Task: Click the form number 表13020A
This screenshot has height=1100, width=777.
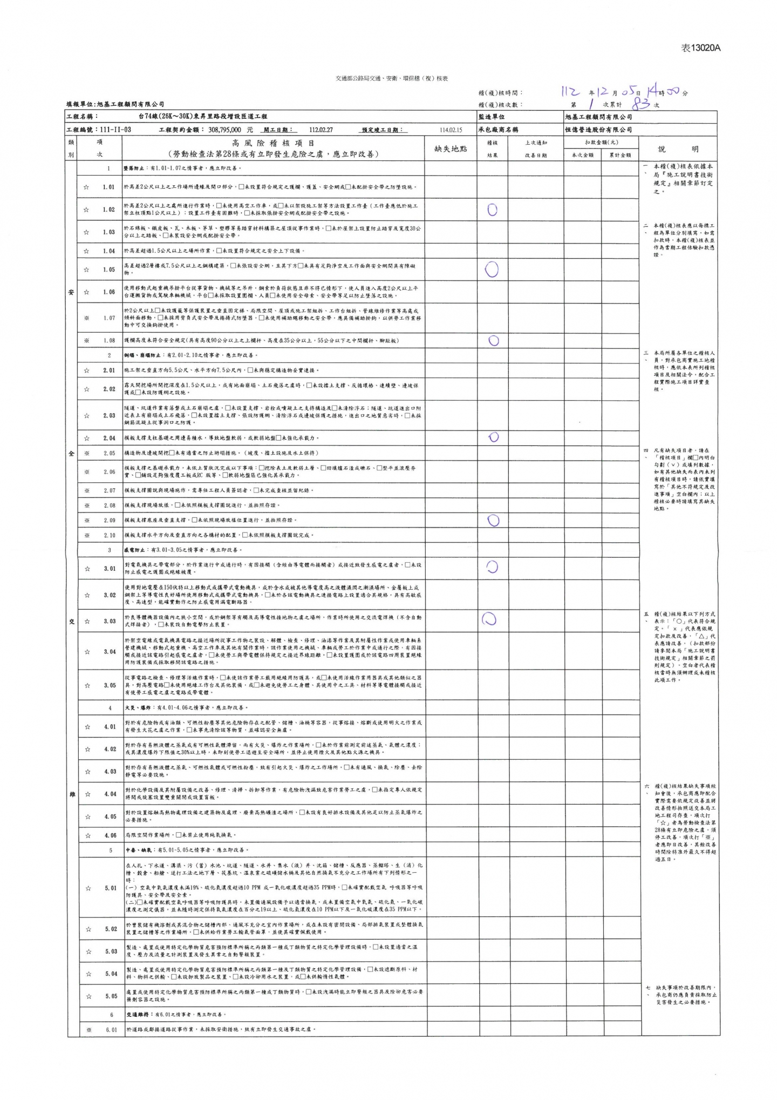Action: point(701,48)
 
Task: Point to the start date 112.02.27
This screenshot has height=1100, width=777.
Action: point(321,130)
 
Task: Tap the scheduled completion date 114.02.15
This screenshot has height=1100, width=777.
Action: point(451,130)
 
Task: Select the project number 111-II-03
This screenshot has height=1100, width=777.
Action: point(113,130)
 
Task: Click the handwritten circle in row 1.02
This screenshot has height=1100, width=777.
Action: point(492,210)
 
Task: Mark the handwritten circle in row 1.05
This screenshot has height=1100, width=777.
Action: point(492,269)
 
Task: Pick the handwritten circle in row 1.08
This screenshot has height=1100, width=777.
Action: point(493,340)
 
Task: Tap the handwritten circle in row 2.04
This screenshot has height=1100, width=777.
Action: point(493,437)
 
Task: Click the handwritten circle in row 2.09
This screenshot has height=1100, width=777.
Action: point(493,520)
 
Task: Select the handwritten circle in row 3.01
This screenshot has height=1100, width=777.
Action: point(492,566)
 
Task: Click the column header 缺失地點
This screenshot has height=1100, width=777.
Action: point(451,149)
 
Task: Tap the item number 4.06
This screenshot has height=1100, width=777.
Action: point(110,835)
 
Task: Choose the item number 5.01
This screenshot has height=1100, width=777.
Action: point(110,888)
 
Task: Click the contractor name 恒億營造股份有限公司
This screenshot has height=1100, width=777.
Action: point(598,130)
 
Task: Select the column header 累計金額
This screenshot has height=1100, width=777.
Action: point(620,155)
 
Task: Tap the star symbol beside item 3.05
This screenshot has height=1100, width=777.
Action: point(87,685)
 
